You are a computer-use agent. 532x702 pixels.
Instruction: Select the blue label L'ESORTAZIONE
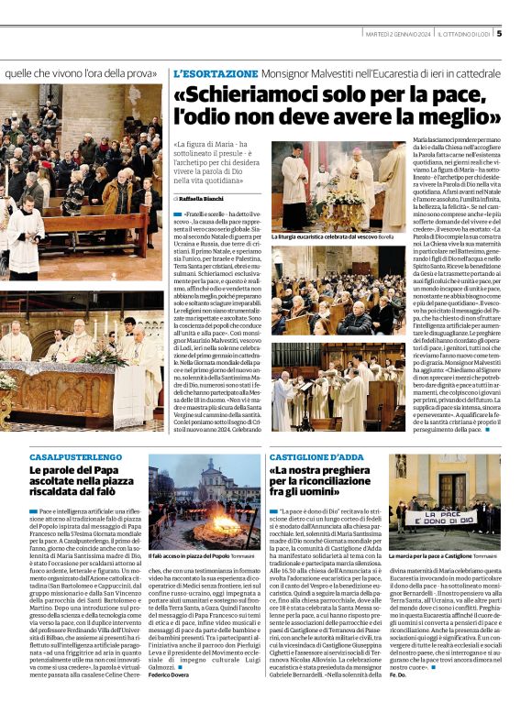pyautogui.click(x=216, y=72)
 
